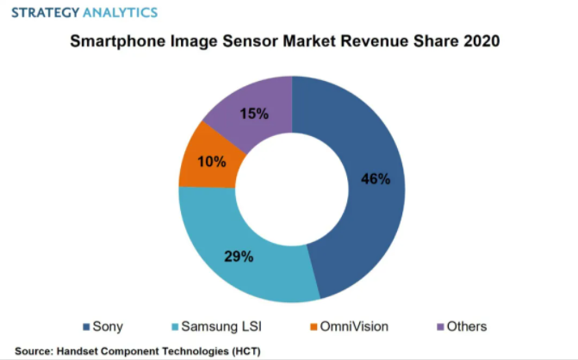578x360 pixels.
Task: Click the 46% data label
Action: [376, 180]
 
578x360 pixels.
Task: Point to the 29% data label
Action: [238, 257]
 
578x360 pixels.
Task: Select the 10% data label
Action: [210, 161]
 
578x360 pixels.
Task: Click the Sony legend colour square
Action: [86, 326]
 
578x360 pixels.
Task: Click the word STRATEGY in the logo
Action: [42, 12]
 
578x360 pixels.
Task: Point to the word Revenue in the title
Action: [370, 40]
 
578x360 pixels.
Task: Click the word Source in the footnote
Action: [32, 351]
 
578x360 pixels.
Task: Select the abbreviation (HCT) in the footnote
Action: [241, 351]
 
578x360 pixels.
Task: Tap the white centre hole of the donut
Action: [291, 189]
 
